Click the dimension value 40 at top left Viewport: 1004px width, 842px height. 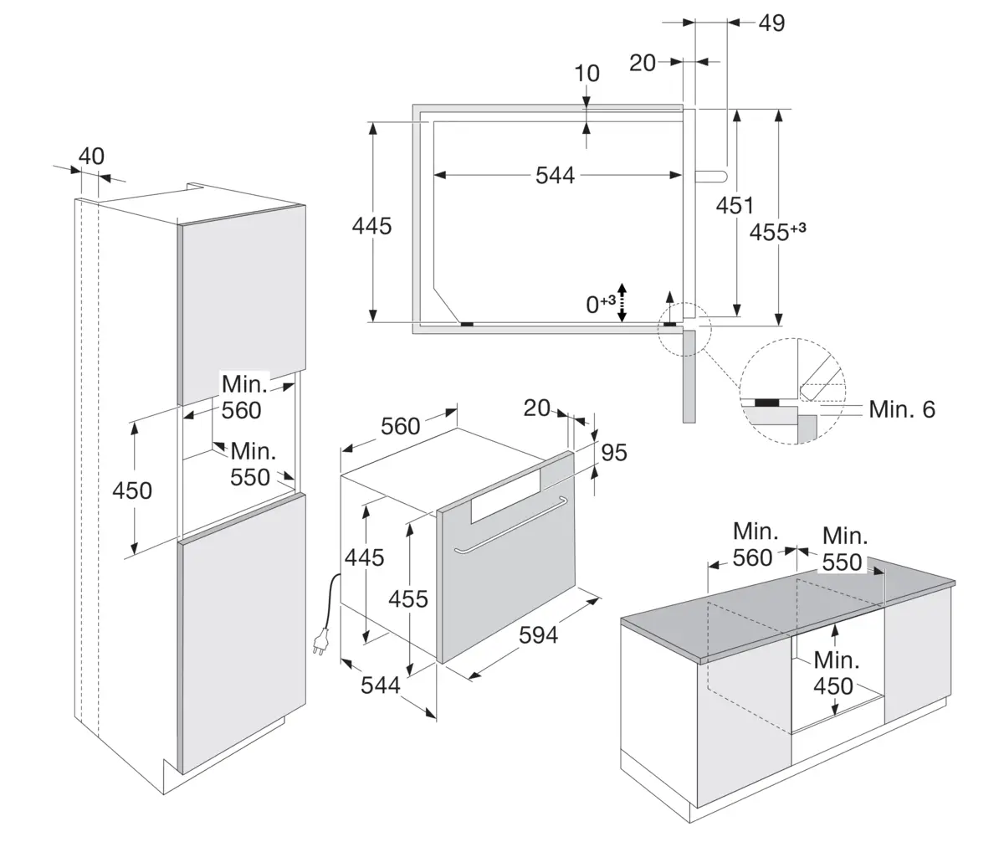tap(91, 157)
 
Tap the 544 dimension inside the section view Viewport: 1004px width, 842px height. tap(556, 175)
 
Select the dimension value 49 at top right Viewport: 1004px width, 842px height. tap(771, 23)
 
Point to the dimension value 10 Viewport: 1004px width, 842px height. tap(587, 74)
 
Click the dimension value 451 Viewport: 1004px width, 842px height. tap(735, 205)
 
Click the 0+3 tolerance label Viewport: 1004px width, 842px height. tap(600, 304)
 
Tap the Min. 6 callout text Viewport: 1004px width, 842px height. tap(902, 409)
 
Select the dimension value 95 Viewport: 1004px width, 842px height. tap(614, 453)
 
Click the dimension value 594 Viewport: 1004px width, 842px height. tap(538, 636)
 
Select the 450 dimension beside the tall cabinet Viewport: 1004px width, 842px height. tap(132, 490)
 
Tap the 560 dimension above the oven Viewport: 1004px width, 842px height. tap(400, 426)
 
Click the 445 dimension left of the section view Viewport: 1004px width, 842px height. tap(372, 225)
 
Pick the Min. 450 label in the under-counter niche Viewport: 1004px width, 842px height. tap(833, 673)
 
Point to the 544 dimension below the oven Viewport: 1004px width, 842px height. tap(381, 685)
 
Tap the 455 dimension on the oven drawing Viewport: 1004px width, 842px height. tap(408, 598)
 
